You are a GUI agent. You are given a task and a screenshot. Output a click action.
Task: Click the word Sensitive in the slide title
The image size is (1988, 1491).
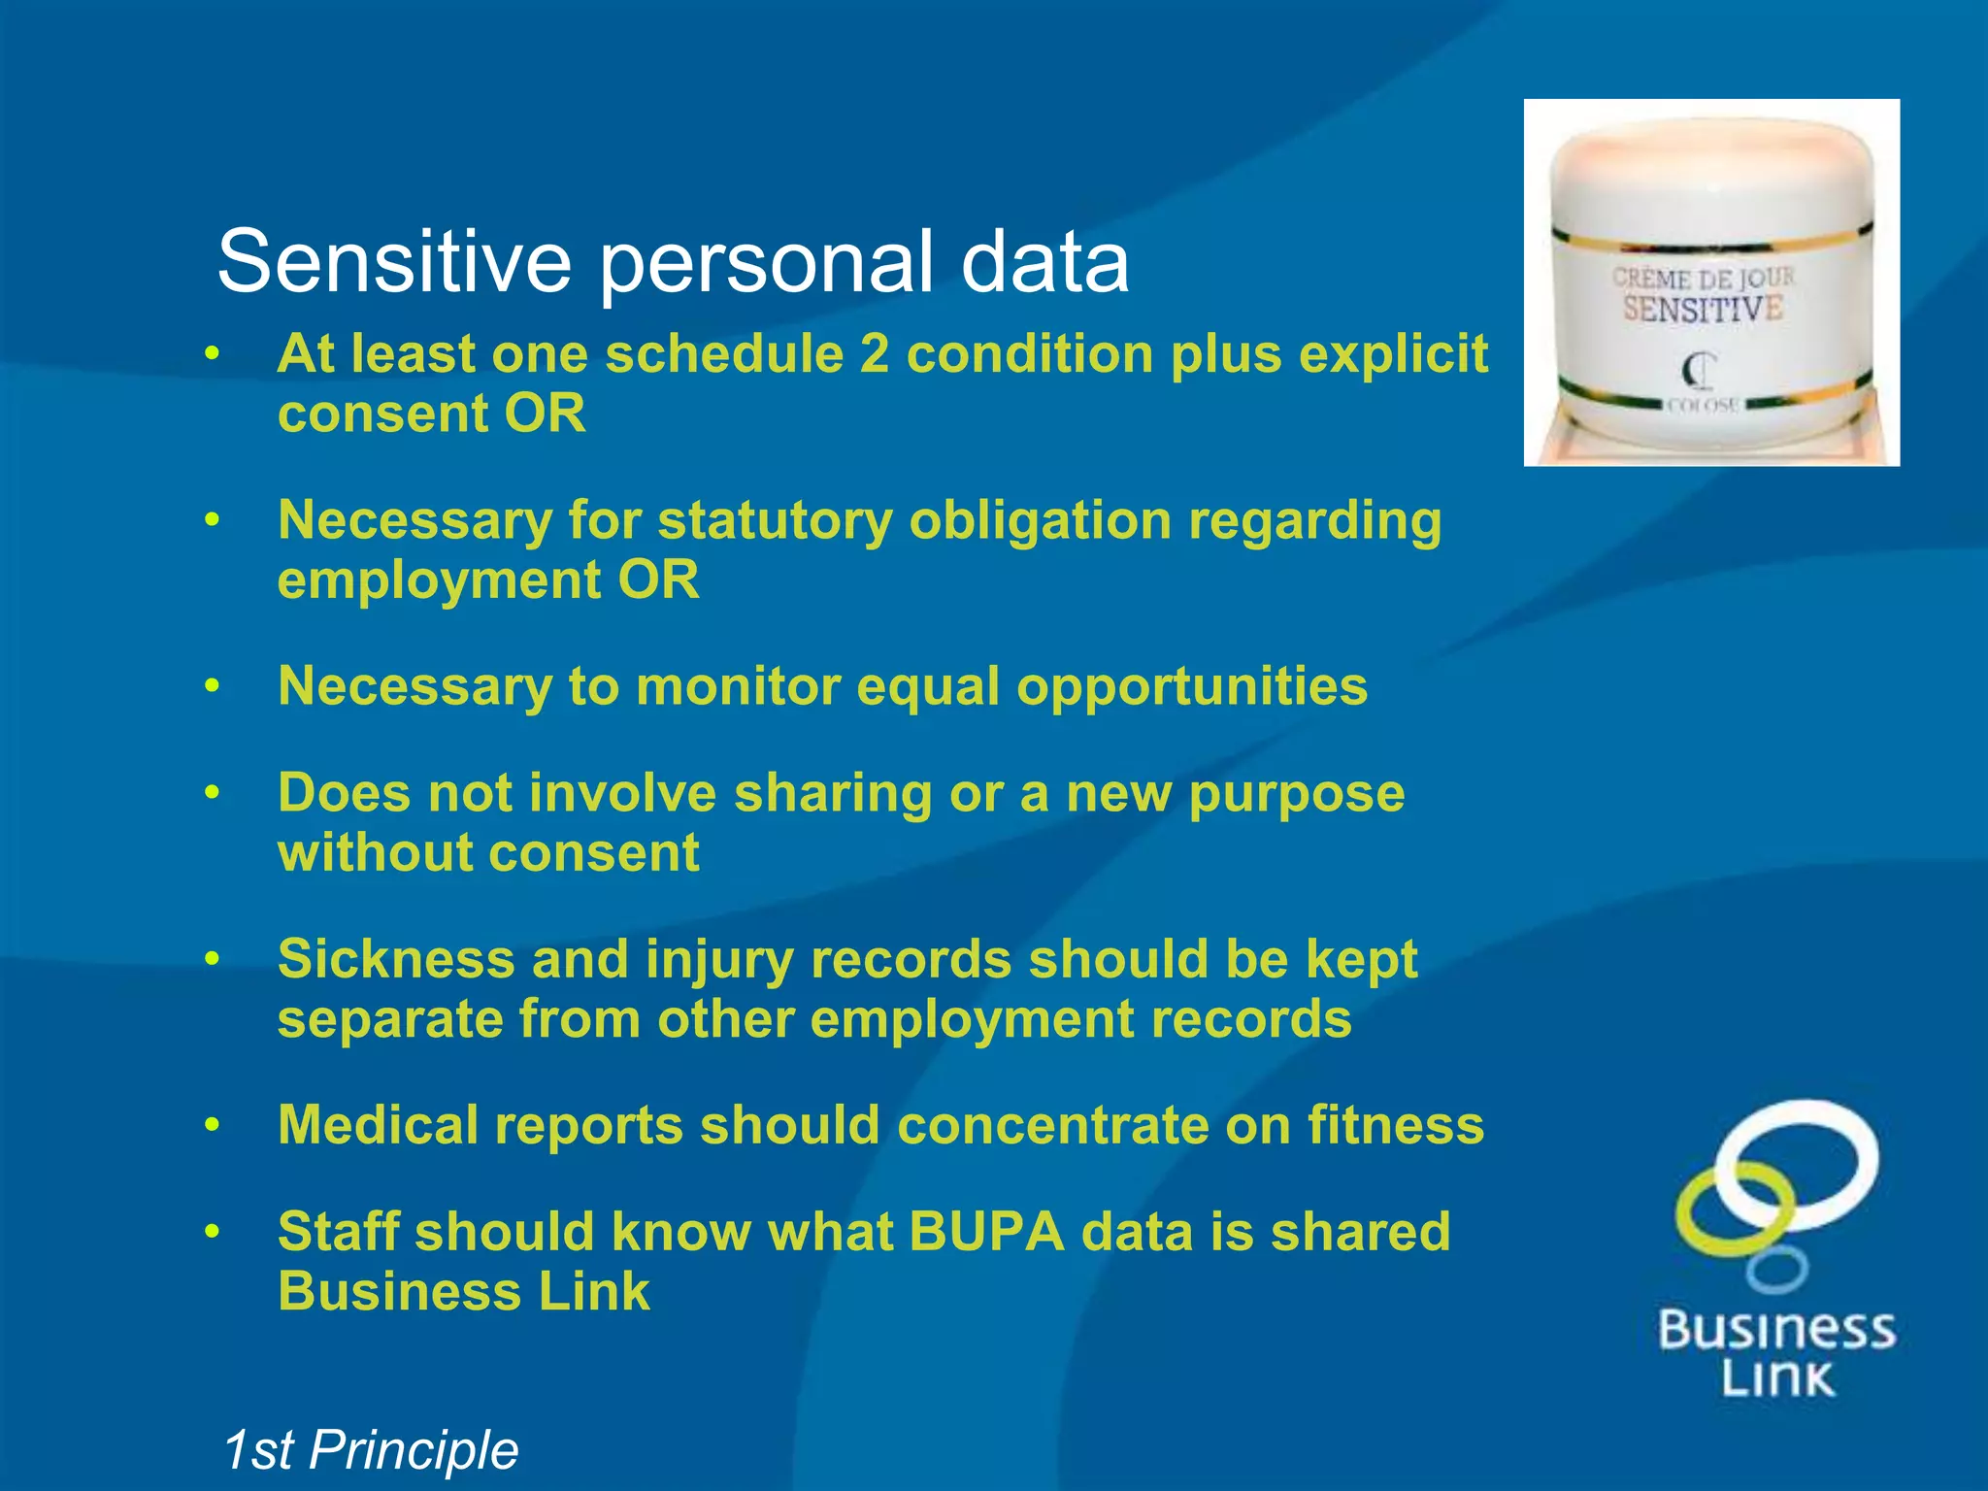tap(393, 262)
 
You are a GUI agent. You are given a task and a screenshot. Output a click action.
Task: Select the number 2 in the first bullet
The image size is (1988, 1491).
tap(874, 354)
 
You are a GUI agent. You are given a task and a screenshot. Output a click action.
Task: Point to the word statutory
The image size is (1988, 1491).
tap(774, 522)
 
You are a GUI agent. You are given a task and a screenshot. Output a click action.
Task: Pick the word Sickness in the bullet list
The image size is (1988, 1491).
tap(396, 960)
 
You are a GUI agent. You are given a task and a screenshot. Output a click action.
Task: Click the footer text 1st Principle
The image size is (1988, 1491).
tap(370, 1450)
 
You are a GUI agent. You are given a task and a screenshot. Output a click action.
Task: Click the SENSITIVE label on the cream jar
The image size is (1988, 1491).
tap(1703, 310)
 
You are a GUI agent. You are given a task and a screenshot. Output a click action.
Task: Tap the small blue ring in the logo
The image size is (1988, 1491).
tap(1777, 1269)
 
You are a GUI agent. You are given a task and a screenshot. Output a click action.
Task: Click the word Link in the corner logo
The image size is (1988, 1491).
tap(1777, 1378)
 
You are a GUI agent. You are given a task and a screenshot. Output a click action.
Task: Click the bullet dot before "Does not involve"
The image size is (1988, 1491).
tap(213, 794)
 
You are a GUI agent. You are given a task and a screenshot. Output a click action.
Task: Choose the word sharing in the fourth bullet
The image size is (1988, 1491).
tap(833, 794)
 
